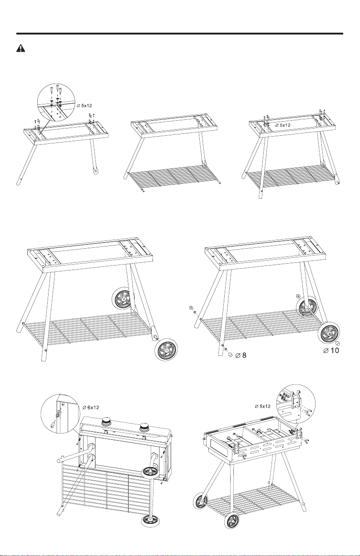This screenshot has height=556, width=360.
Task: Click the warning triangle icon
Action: point(20,48)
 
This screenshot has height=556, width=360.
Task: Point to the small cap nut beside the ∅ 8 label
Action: point(230,354)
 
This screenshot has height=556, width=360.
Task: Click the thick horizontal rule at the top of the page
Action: point(180,33)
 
